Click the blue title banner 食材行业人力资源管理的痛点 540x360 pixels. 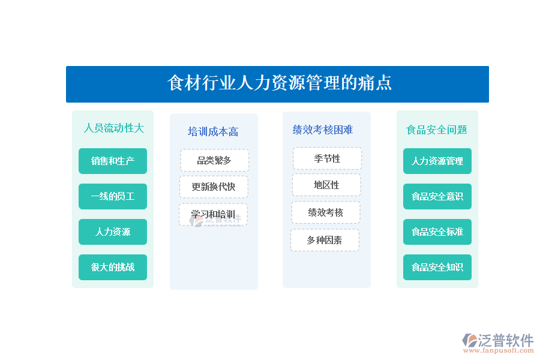point(277,84)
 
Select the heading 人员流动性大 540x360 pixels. point(114,128)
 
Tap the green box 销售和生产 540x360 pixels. point(113,161)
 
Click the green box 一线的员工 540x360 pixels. point(113,196)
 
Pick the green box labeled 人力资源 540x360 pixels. point(113,232)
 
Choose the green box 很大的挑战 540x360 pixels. point(113,268)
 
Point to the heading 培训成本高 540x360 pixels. point(213,131)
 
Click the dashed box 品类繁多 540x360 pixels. point(214,160)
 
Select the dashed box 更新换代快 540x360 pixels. point(214,187)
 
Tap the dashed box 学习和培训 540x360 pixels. point(213,214)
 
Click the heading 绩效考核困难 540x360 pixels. point(323,130)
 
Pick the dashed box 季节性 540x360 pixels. point(327,158)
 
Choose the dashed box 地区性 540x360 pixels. point(326,185)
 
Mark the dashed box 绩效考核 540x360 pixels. point(326,212)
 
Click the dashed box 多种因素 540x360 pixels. point(325,240)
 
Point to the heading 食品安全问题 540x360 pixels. point(437,130)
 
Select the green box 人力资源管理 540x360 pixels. point(437,161)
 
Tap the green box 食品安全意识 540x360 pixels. point(437,196)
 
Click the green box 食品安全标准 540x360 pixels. point(437,232)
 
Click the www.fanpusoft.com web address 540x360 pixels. point(499,350)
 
